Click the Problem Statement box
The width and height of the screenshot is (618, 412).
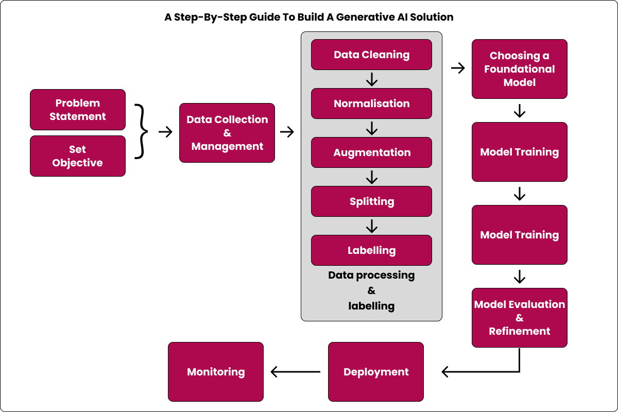pos(78,110)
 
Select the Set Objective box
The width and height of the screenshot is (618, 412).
pos(78,156)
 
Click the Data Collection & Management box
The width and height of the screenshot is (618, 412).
pos(227,133)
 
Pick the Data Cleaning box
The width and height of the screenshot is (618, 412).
pos(371,55)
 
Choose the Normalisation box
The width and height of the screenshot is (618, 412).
pos(371,104)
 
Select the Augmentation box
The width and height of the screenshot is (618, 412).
pos(371,152)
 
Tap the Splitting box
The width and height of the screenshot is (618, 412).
pos(371,201)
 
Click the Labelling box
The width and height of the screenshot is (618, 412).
pos(371,250)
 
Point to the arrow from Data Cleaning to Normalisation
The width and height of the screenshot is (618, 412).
pos(371,79)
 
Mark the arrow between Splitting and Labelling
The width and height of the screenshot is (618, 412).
pos(371,226)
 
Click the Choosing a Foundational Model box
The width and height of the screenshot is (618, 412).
pos(519,69)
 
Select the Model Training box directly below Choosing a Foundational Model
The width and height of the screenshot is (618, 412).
pos(519,152)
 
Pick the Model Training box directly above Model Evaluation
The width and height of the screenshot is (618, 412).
pos(519,235)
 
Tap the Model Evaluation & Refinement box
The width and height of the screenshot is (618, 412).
pos(519,318)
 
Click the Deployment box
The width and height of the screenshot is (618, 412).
pos(376,372)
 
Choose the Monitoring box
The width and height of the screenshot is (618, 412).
pos(216,372)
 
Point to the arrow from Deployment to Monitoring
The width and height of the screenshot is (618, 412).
pos(296,371)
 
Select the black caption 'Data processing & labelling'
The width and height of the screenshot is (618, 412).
pos(371,290)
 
